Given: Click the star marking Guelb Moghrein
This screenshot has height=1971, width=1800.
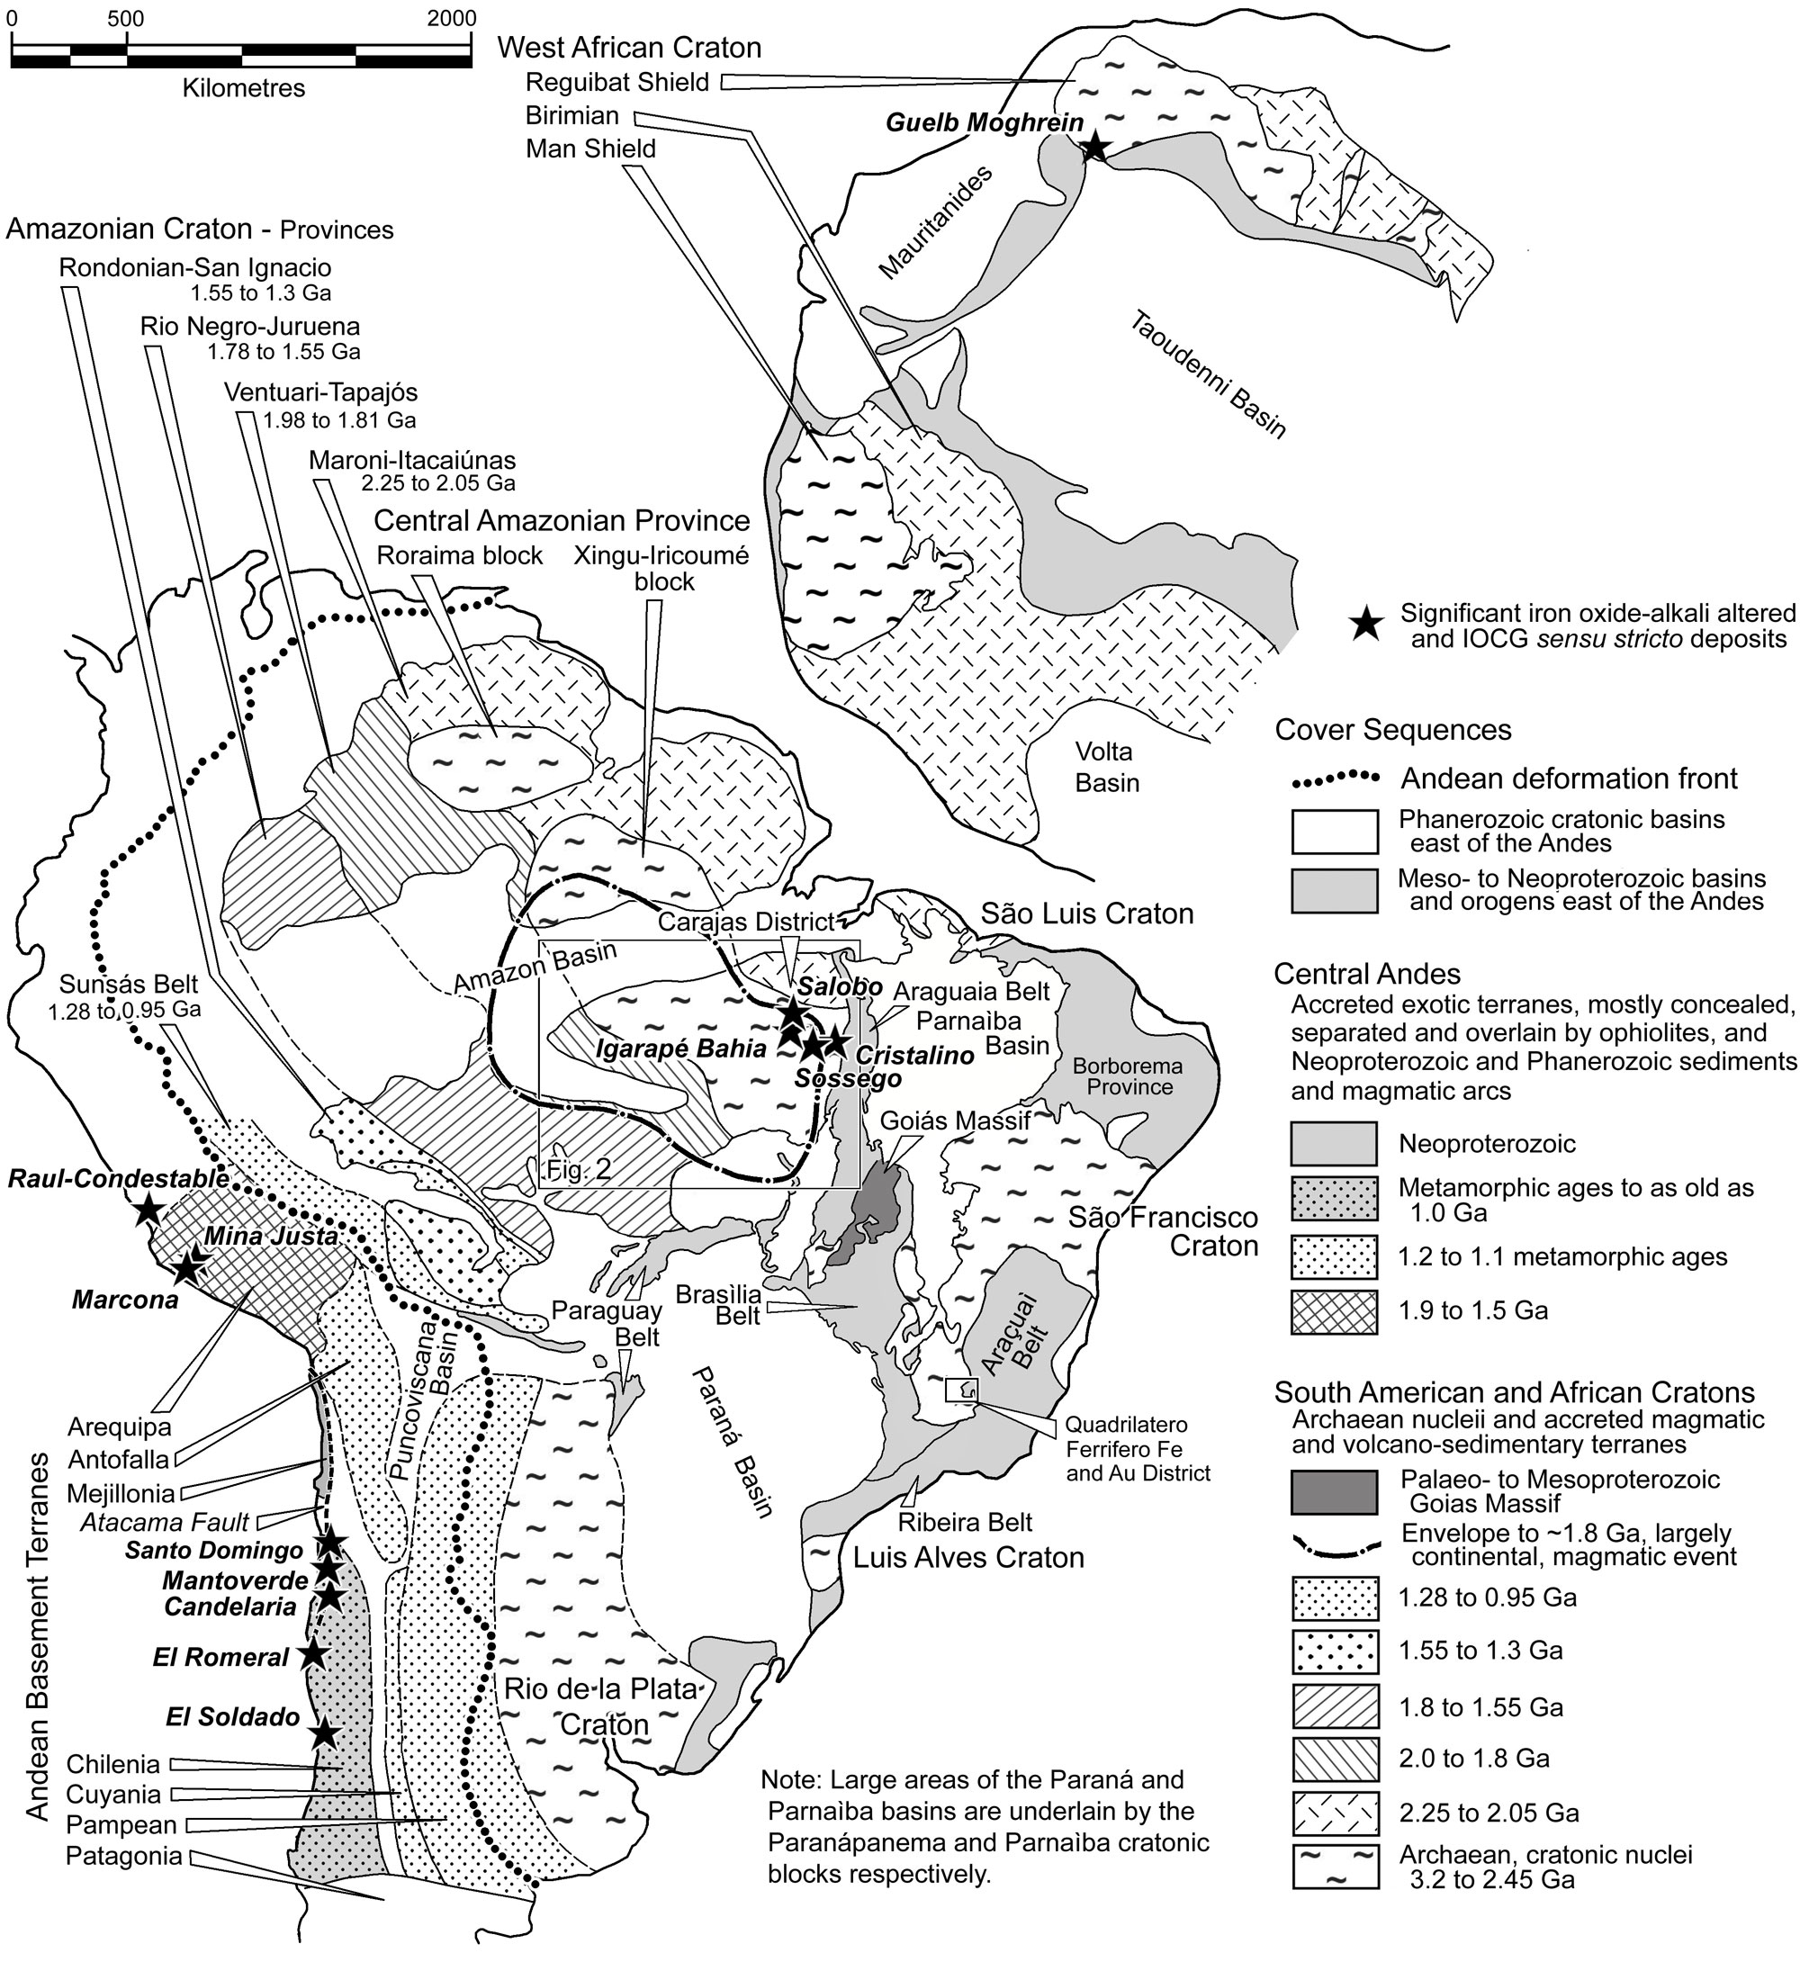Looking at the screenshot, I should click(x=1095, y=148).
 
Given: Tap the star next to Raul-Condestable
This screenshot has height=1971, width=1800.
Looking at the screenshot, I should click(x=148, y=1210).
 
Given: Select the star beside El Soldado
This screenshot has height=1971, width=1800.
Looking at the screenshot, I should click(x=325, y=1733).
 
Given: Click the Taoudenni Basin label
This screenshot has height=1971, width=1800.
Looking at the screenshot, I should click(x=1209, y=375).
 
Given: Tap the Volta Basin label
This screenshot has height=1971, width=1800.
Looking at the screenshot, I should click(x=1107, y=767).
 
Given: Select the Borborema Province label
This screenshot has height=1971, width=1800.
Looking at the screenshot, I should click(x=1129, y=1075).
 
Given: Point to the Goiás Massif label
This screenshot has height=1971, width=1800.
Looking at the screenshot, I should click(x=954, y=1120).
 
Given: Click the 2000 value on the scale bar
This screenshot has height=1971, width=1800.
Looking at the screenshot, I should click(x=451, y=18).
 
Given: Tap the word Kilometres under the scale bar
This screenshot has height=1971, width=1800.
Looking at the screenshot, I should click(x=244, y=88).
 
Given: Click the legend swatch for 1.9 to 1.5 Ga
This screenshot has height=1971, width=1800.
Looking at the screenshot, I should click(x=1334, y=1311).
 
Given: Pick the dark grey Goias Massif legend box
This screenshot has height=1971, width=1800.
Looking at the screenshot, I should click(x=1334, y=1491).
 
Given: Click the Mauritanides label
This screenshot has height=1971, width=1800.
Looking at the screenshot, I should click(x=936, y=222).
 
